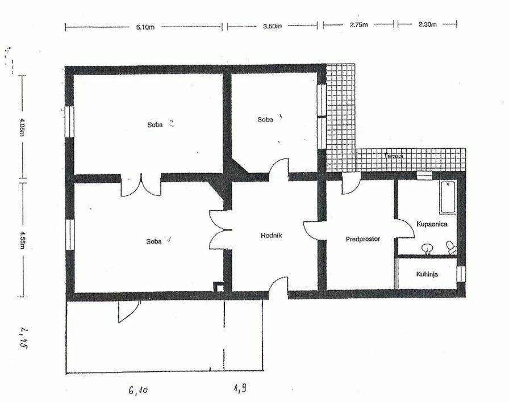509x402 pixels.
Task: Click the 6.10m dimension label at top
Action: [145, 27]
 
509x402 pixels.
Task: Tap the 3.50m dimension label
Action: [273, 26]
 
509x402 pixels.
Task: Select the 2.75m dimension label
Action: [359, 26]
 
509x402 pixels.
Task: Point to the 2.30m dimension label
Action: [427, 25]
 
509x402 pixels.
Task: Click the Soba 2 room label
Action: [160, 125]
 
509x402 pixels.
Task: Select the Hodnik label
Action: [272, 235]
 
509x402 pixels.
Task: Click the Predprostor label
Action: [362, 239]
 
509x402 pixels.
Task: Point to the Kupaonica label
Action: [432, 224]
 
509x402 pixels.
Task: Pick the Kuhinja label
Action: [430, 274]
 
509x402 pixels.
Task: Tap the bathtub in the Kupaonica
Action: [448, 197]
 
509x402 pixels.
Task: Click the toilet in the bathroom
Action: [451, 246]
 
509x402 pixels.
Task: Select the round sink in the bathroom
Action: [427, 248]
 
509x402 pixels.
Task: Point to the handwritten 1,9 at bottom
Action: [239, 389]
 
